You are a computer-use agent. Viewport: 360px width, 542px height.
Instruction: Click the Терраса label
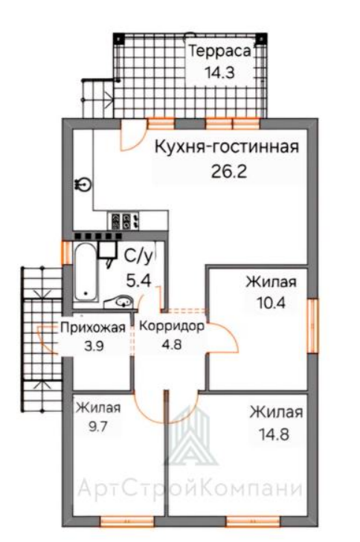[219, 51]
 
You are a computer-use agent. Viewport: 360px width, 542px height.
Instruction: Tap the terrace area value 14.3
[219, 73]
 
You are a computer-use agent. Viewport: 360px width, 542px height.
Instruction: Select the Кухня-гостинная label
[226, 147]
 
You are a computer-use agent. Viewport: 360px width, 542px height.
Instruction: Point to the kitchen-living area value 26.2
[229, 171]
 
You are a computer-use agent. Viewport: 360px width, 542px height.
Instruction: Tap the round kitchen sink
[83, 184]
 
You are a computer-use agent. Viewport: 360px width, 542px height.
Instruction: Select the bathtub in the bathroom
[86, 272]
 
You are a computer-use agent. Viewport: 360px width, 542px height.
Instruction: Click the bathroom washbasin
[121, 302]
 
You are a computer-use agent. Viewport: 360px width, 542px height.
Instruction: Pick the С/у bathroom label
[140, 257]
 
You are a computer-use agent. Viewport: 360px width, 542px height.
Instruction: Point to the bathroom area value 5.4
[138, 280]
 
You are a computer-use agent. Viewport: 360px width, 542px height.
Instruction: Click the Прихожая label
[93, 327]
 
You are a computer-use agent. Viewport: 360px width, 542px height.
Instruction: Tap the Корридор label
[171, 326]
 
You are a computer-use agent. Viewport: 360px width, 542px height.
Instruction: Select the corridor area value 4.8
[172, 345]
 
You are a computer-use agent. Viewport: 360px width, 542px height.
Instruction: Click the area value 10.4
[271, 303]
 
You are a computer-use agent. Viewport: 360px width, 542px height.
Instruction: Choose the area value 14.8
[274, 434]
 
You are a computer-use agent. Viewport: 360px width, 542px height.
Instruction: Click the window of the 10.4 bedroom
[313, 326]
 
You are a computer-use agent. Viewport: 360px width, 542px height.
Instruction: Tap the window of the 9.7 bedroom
[127, 521]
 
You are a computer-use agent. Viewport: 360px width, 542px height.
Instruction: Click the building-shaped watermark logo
[191, 436]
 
